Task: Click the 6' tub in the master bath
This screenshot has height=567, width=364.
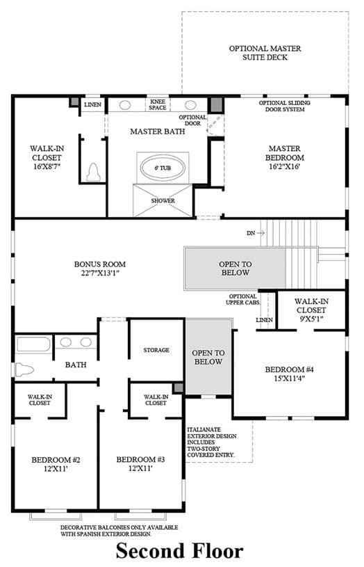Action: [x=163, y=168]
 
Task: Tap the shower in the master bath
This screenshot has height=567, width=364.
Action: [x=163, y=200]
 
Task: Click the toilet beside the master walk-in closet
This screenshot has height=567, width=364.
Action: [x=94, y=173]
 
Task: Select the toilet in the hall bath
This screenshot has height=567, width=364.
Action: [x=24, y=369]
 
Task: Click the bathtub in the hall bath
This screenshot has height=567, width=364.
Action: [x=33, y=344]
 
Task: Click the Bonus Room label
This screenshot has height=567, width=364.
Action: [x=100, y=269]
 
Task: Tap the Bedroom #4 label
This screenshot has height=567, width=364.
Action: [x=289, y=374]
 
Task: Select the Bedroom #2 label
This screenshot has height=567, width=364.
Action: [x=56, y=464]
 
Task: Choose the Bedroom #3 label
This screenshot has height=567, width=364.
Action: [x=140, y=464]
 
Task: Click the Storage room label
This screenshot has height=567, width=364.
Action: [x=156, y=350]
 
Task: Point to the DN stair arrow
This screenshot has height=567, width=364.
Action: [x=256, y=233]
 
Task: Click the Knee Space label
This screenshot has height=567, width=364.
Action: [x=158, y=104]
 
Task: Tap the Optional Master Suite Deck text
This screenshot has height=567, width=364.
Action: [x=265, y=53]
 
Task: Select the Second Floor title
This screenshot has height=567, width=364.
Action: [x=179, y=551]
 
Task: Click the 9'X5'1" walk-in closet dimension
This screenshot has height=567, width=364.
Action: [x=311, y=319]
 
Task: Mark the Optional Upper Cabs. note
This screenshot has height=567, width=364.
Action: [x=242, y=299]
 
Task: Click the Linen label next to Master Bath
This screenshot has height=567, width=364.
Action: [x=93, y=104]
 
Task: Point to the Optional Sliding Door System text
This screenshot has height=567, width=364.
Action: [x=285, y=106]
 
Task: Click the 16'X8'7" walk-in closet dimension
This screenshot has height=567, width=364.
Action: [x=47, y=167]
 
